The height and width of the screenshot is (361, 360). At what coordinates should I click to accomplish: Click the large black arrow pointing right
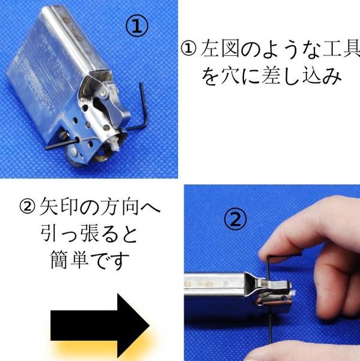[x=100, y=326]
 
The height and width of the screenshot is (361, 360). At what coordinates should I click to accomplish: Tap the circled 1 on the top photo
[x=137, y=26]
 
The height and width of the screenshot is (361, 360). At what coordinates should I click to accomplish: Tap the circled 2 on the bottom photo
[x=235, y=218]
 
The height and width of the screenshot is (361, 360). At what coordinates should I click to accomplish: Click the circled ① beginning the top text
[x=188, y=49]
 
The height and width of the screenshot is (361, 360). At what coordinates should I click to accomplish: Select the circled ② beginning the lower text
[x=28, y=206]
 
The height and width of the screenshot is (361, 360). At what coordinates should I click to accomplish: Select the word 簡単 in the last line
[x=69, y=259]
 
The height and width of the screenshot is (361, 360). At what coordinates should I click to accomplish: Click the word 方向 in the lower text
[x=120, y=206]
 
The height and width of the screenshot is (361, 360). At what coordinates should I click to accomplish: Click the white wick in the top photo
[x=114, y=143]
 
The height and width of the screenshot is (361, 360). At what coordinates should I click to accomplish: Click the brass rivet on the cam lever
[x=104, y=93]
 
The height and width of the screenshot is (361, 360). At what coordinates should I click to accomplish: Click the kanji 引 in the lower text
[x=50, y=233]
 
